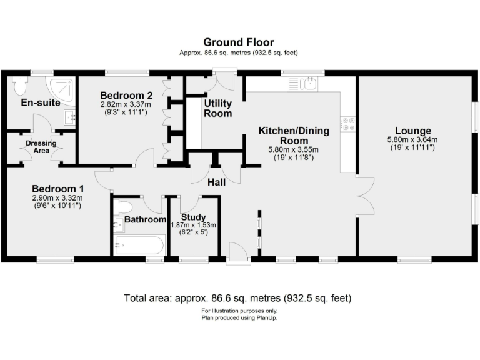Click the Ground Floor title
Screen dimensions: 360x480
pos(239,42)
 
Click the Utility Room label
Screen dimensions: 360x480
pos(218,108)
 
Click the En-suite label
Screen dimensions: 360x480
pos(41,102)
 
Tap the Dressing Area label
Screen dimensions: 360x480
pos(41,147)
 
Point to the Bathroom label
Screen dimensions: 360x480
pos(145,219)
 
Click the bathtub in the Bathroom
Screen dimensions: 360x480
pos(139,245)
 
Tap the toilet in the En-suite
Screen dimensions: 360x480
pos(18,84)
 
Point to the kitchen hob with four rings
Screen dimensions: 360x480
pos(347,124)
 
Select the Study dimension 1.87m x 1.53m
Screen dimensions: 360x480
pos(193,225)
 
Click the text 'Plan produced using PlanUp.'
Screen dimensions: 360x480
pos(239,318)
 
